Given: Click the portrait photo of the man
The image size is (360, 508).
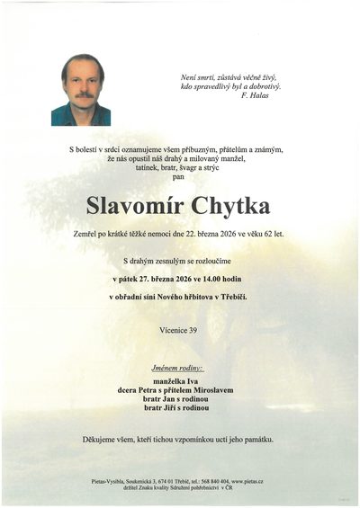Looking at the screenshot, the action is click(x=81, y=89).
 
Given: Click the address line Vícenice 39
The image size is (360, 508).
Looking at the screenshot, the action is click(x=179, y=330).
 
